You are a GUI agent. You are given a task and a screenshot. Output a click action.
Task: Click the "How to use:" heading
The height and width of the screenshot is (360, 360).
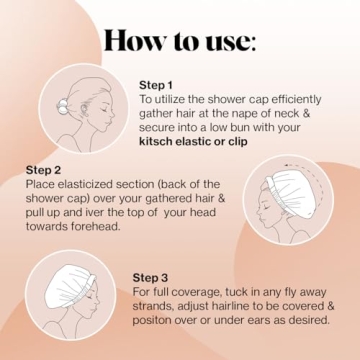pyautogui.click(x=180, y=42)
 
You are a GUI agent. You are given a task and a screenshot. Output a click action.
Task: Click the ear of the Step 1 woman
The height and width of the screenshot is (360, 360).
pyautogui.click(x=97, y=103)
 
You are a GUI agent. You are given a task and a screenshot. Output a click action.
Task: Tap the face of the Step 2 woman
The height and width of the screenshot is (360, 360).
pyautogui.click(x=268, y=210)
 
